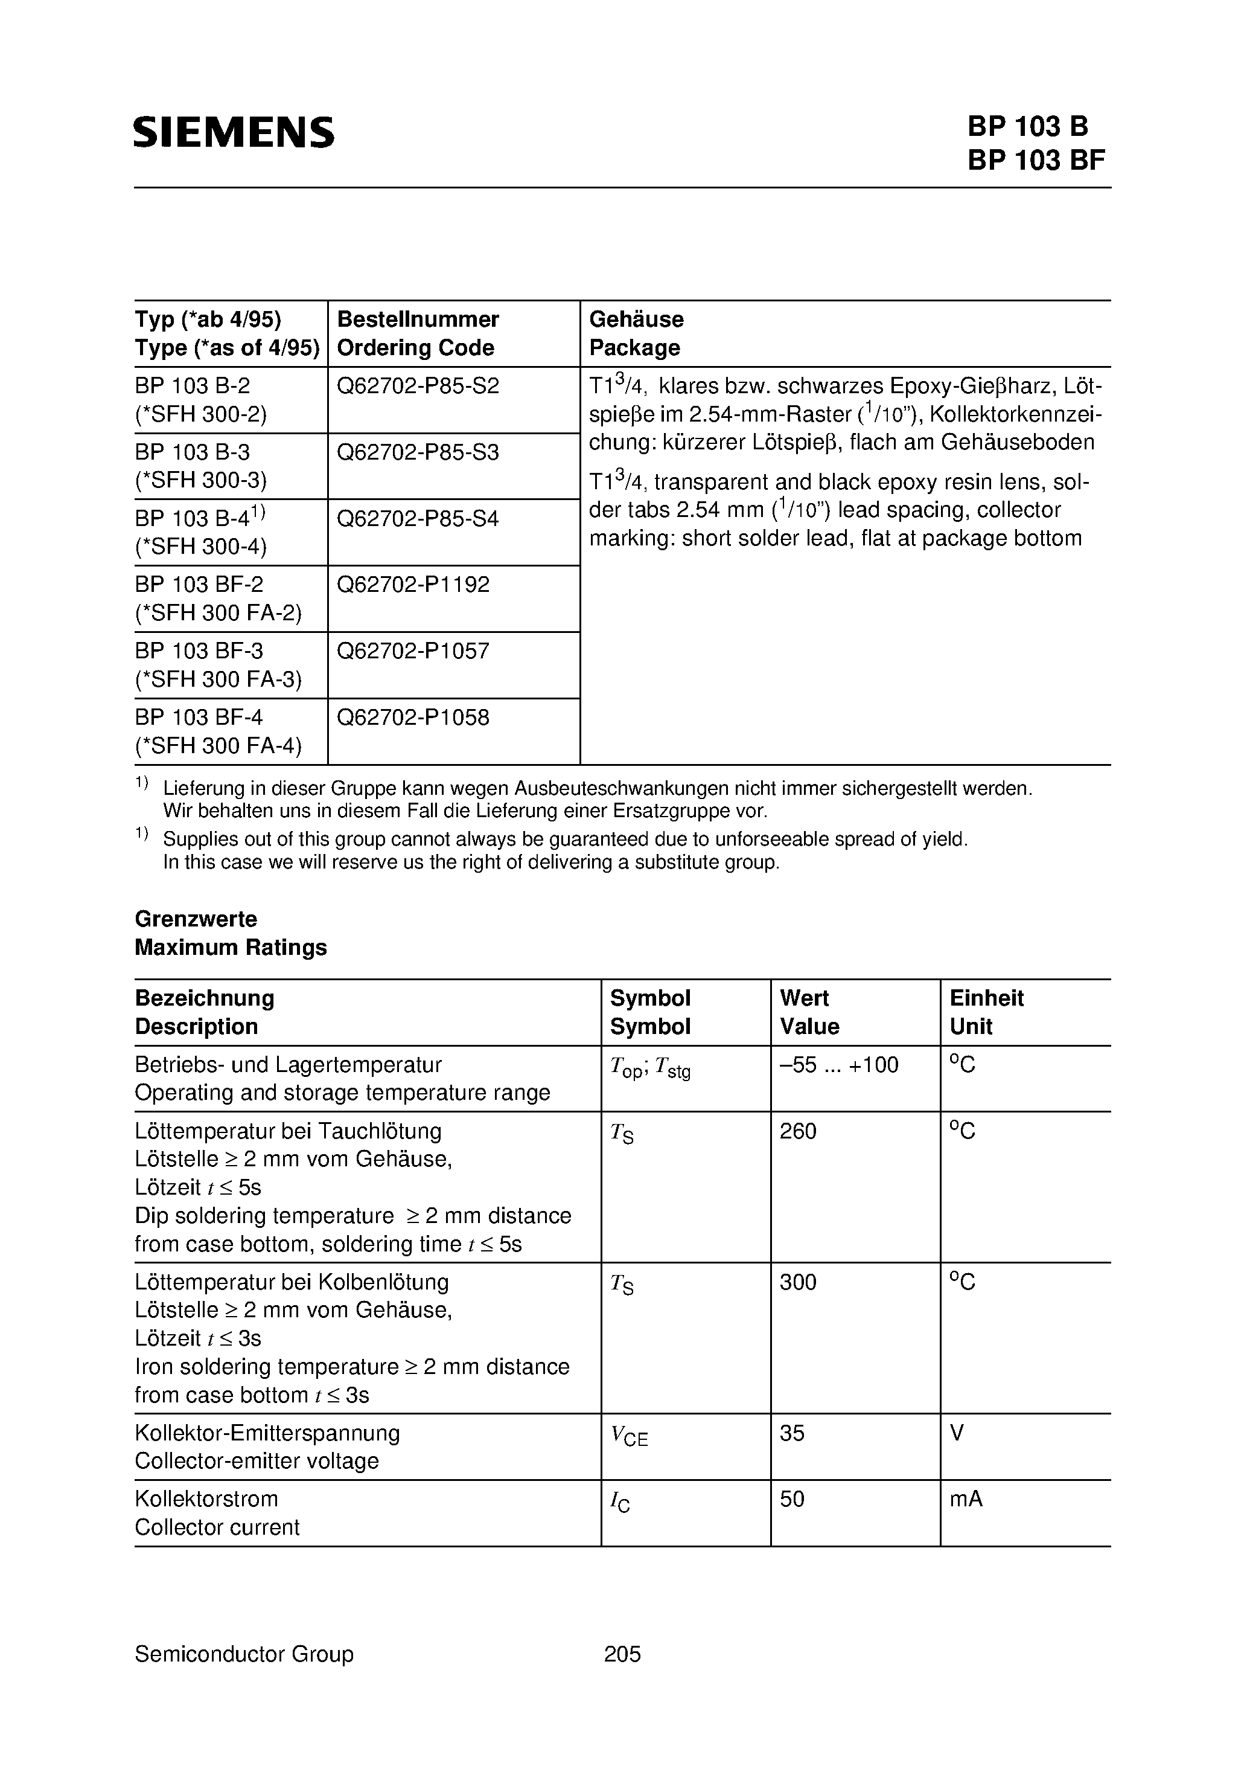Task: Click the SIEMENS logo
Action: pos(234,132)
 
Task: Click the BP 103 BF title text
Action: pos(1036,160)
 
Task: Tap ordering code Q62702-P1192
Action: pos(413,585)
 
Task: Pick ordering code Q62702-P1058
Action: pos(413,718)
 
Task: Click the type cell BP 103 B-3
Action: pos(192,452)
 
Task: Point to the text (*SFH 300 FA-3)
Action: pos(218,679)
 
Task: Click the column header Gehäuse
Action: pos(636,319)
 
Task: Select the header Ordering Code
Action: pos(415,348)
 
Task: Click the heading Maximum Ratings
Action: pos(231,947)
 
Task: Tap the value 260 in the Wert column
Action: pos(798,1131)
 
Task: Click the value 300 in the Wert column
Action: pos(798,1282)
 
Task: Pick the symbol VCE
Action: pos(629,1435)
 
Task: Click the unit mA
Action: pos(966,1499)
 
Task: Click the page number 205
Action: pos(622,1654)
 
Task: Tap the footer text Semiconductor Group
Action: pos(244,1654)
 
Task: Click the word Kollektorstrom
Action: pos(206,1499)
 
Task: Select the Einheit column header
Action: pos(986,998)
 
